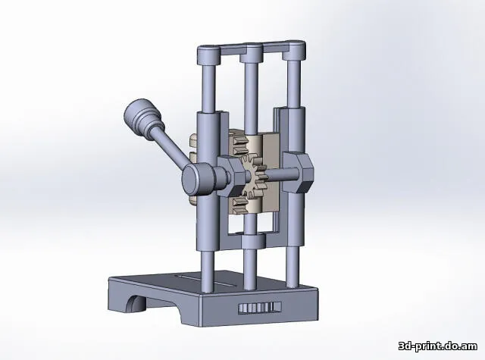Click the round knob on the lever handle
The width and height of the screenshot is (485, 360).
[142, 117]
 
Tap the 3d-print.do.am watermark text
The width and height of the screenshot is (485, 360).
[438, 346]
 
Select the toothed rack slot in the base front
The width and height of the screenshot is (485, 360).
[260, 308]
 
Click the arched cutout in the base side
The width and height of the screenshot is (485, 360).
[135, 304]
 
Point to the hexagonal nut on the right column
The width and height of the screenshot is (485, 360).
[299, 172]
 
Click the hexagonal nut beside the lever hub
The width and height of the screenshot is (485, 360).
[231, 176]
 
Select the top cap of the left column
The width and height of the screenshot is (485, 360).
[209, 55]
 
